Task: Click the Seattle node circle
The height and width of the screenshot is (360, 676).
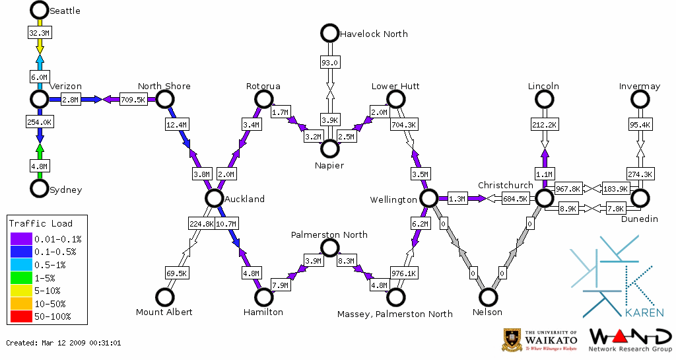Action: (40, 10)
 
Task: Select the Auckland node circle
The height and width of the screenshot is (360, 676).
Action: (213, 198)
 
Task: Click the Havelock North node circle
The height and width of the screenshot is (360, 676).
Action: (329, 33)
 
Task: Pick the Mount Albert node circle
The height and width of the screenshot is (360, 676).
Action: (164, 297)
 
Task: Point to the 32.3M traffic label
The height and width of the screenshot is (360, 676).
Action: (40, 32)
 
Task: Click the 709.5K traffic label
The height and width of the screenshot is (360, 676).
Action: (133, 100)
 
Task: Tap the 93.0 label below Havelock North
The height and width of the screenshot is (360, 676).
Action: (329, 63)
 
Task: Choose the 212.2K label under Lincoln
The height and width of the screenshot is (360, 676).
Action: (544, 124)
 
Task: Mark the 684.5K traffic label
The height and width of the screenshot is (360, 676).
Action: (515, 198)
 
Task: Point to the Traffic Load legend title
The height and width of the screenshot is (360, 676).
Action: (41, 223)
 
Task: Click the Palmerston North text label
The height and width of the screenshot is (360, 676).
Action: (329, 234)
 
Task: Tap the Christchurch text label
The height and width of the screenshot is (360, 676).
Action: (505, 185)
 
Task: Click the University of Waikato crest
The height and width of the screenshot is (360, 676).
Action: (512, 339)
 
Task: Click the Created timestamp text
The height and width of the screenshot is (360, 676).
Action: (63, 343)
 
